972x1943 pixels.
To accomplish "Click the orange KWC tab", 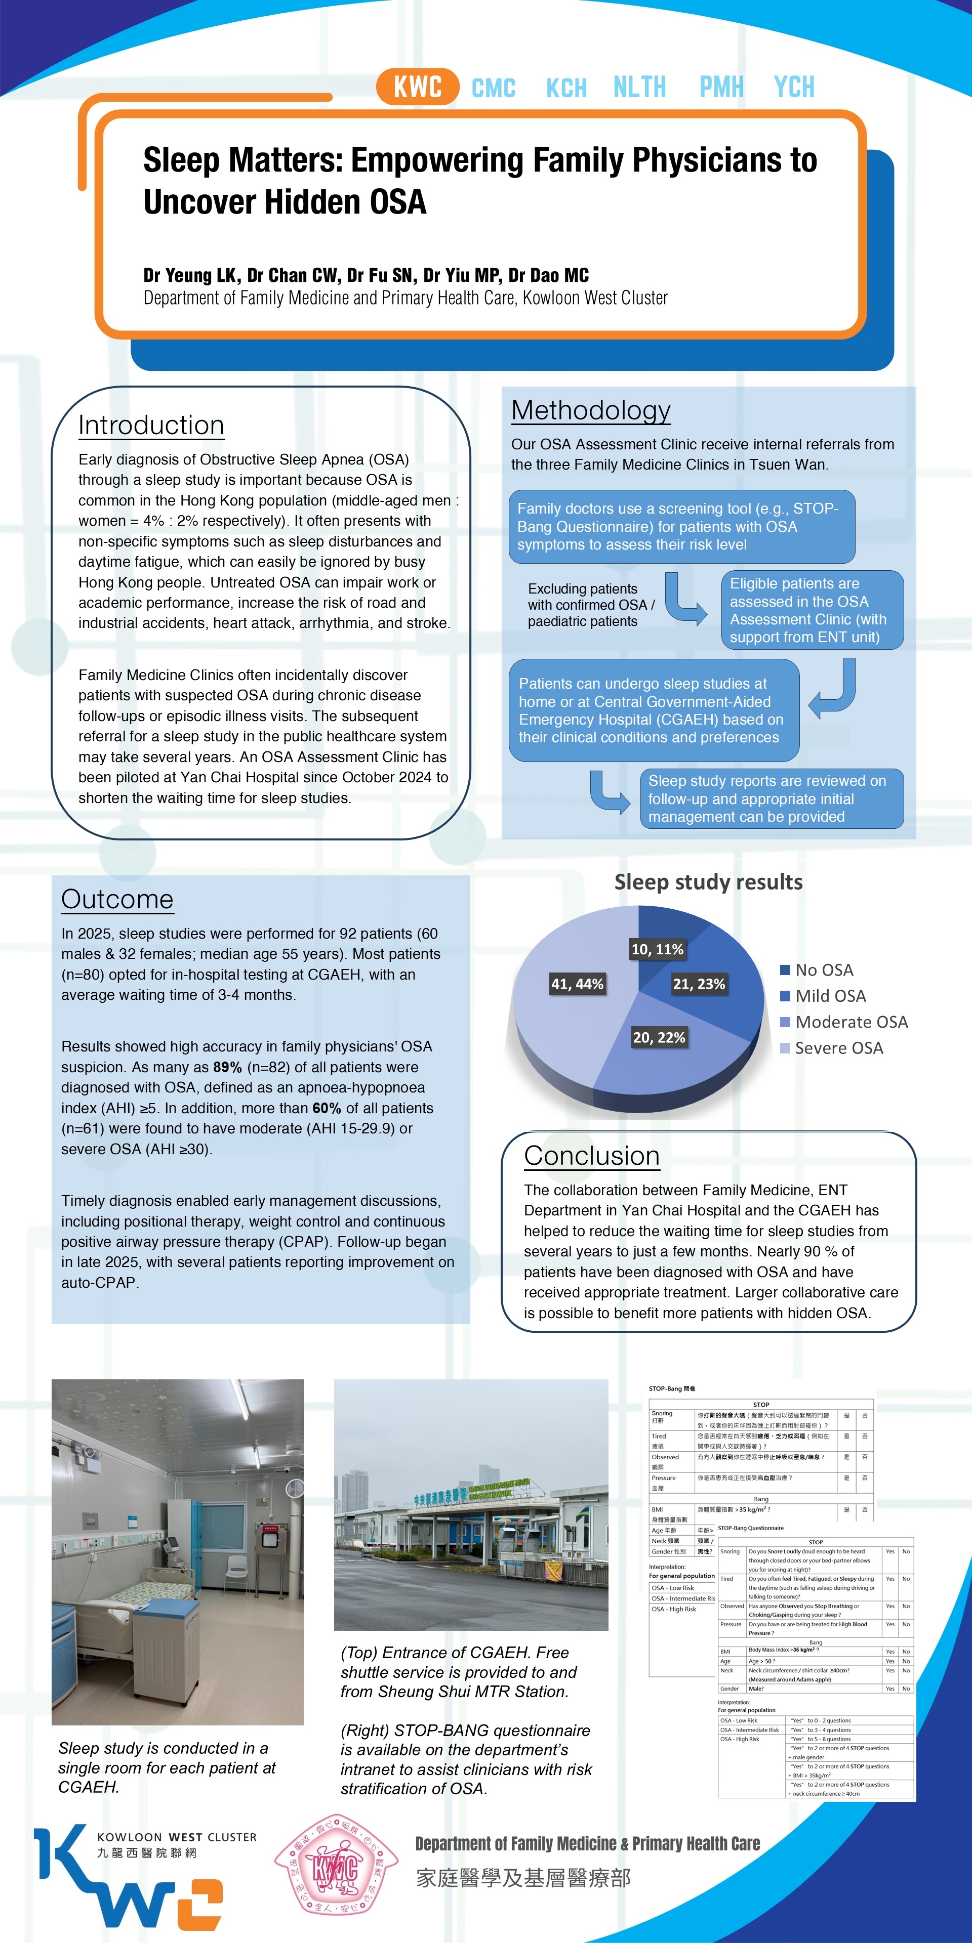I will [417, 87].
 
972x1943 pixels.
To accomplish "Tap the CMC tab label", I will [494, 88].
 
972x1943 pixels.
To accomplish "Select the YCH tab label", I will [794, 88].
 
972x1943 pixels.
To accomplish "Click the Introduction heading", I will [151, 426].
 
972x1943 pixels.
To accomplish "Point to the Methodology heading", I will [591, 410].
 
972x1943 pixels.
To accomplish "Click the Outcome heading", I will [117, 899].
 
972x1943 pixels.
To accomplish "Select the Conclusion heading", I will [592, 1156].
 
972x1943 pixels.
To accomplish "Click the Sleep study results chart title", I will [708, 882].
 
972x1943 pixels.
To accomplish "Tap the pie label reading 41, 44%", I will [577, 984].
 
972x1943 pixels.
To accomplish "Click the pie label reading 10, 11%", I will [657, 949].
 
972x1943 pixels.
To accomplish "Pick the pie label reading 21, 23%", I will [699, 984].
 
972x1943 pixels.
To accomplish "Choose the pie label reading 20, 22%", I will [659, 1037].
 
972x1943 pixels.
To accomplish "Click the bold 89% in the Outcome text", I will [227, 1067].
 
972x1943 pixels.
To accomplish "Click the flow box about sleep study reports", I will [771, 799].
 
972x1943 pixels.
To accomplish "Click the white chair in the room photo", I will [236, 1573].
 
